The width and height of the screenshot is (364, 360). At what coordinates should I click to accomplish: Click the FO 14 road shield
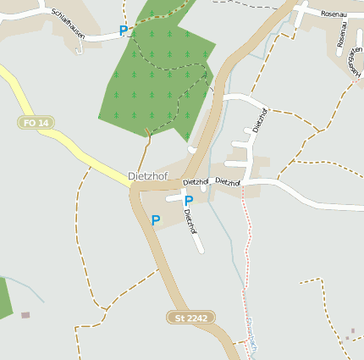click(x=36, y=123)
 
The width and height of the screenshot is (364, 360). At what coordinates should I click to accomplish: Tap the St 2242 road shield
click(x=190, y=318)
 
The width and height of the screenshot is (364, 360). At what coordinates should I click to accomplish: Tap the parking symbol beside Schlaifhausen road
click(x=124, y=30)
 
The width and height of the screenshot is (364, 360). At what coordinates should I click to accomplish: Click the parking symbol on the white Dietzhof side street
click(x=188, y=201)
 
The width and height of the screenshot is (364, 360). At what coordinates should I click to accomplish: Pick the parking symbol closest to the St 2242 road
click(x=155, y=220)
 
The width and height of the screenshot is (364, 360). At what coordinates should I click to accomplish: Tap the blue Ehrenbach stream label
click(x=251, y=335)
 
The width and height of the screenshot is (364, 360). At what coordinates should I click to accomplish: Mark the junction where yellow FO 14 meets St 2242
click(x=134, y=187)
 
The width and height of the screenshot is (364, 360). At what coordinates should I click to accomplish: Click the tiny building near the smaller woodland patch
click(x=25, y=315)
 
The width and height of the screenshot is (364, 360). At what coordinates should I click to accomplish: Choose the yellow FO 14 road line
click(x=68, y=136)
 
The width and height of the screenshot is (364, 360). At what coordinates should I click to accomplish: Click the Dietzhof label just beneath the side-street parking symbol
click(x=191, y=222)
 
